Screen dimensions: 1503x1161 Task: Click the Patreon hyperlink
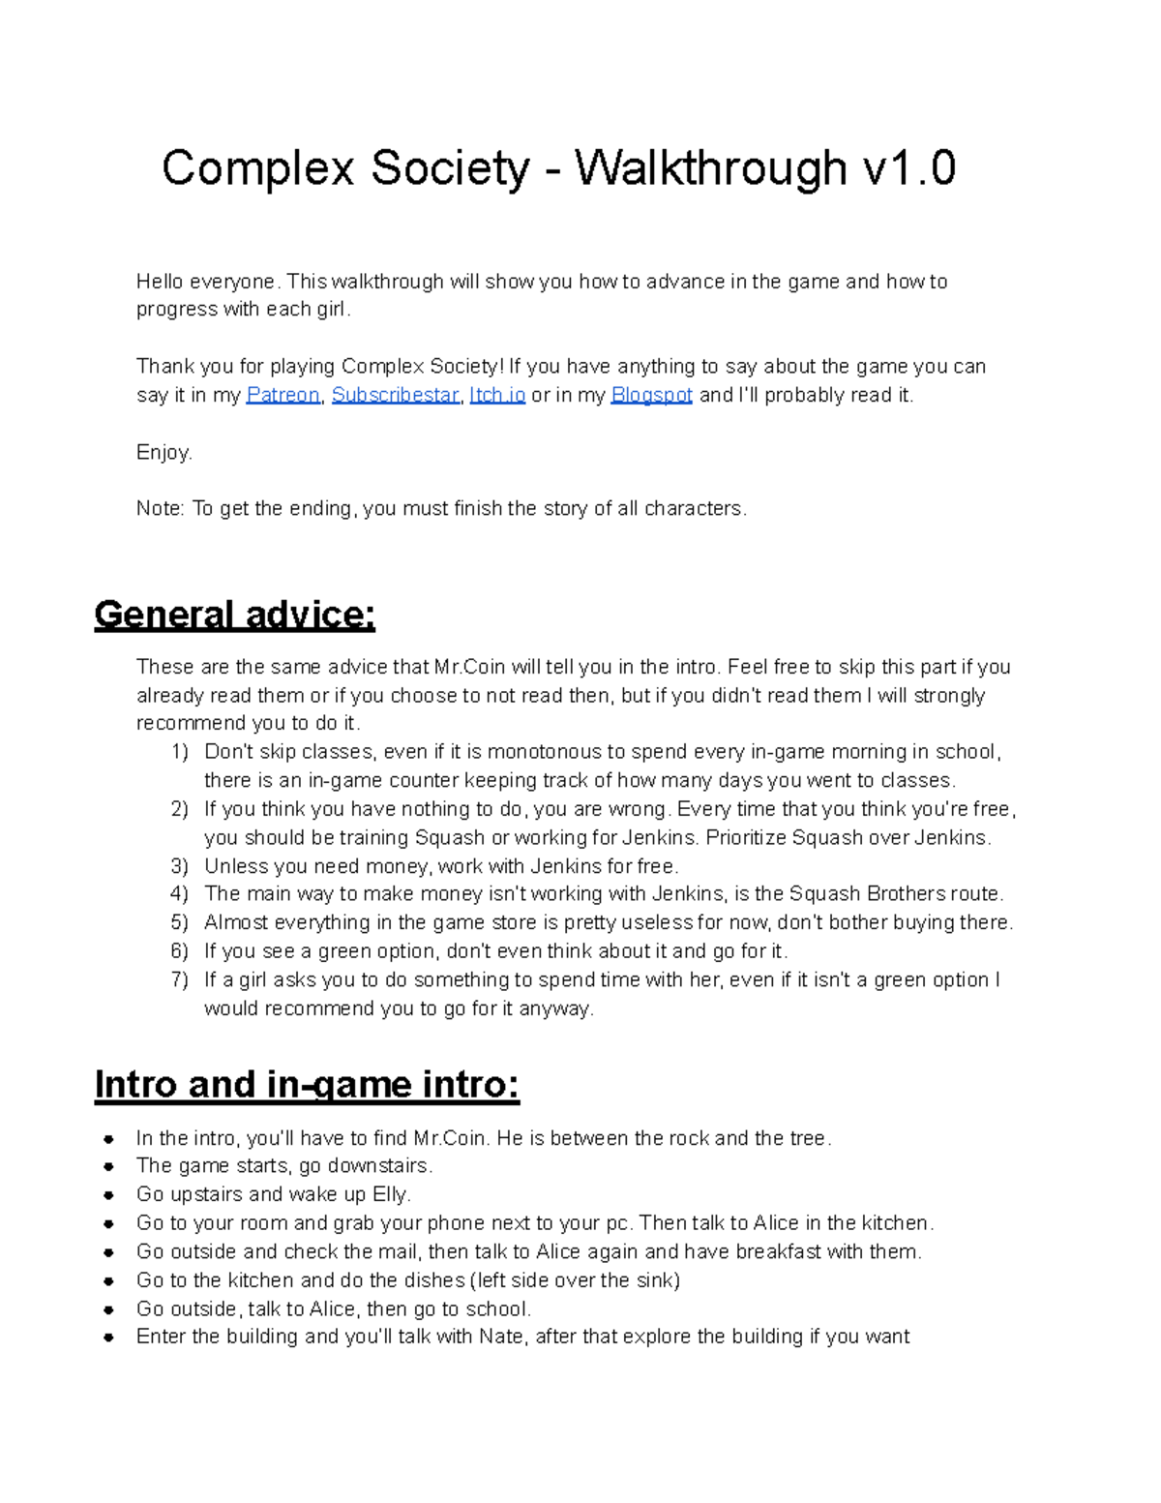(x=283, y=395)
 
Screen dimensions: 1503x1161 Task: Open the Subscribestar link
(x=395, y=395)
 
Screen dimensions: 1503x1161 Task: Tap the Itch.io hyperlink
(x=497, y=395)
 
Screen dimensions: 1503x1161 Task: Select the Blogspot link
(x=651, y=395)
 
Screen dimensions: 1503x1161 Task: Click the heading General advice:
(x=234, y=616)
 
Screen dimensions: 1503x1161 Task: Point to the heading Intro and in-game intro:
(x=307, y=1085)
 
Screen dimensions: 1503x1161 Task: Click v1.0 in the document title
(x=908, y=168)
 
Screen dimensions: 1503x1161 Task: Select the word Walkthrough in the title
(x=710, y=168)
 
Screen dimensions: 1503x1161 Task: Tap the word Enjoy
(x=164, y=452)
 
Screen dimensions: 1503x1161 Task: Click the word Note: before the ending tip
(x=160, y=509)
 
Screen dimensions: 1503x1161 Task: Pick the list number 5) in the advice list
(x=179, y=922)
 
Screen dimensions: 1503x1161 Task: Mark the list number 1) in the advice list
(x=179, y=752)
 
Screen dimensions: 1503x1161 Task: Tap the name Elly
(x=391, y=1194)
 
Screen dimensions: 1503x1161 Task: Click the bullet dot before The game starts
(x=110, y=1166)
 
